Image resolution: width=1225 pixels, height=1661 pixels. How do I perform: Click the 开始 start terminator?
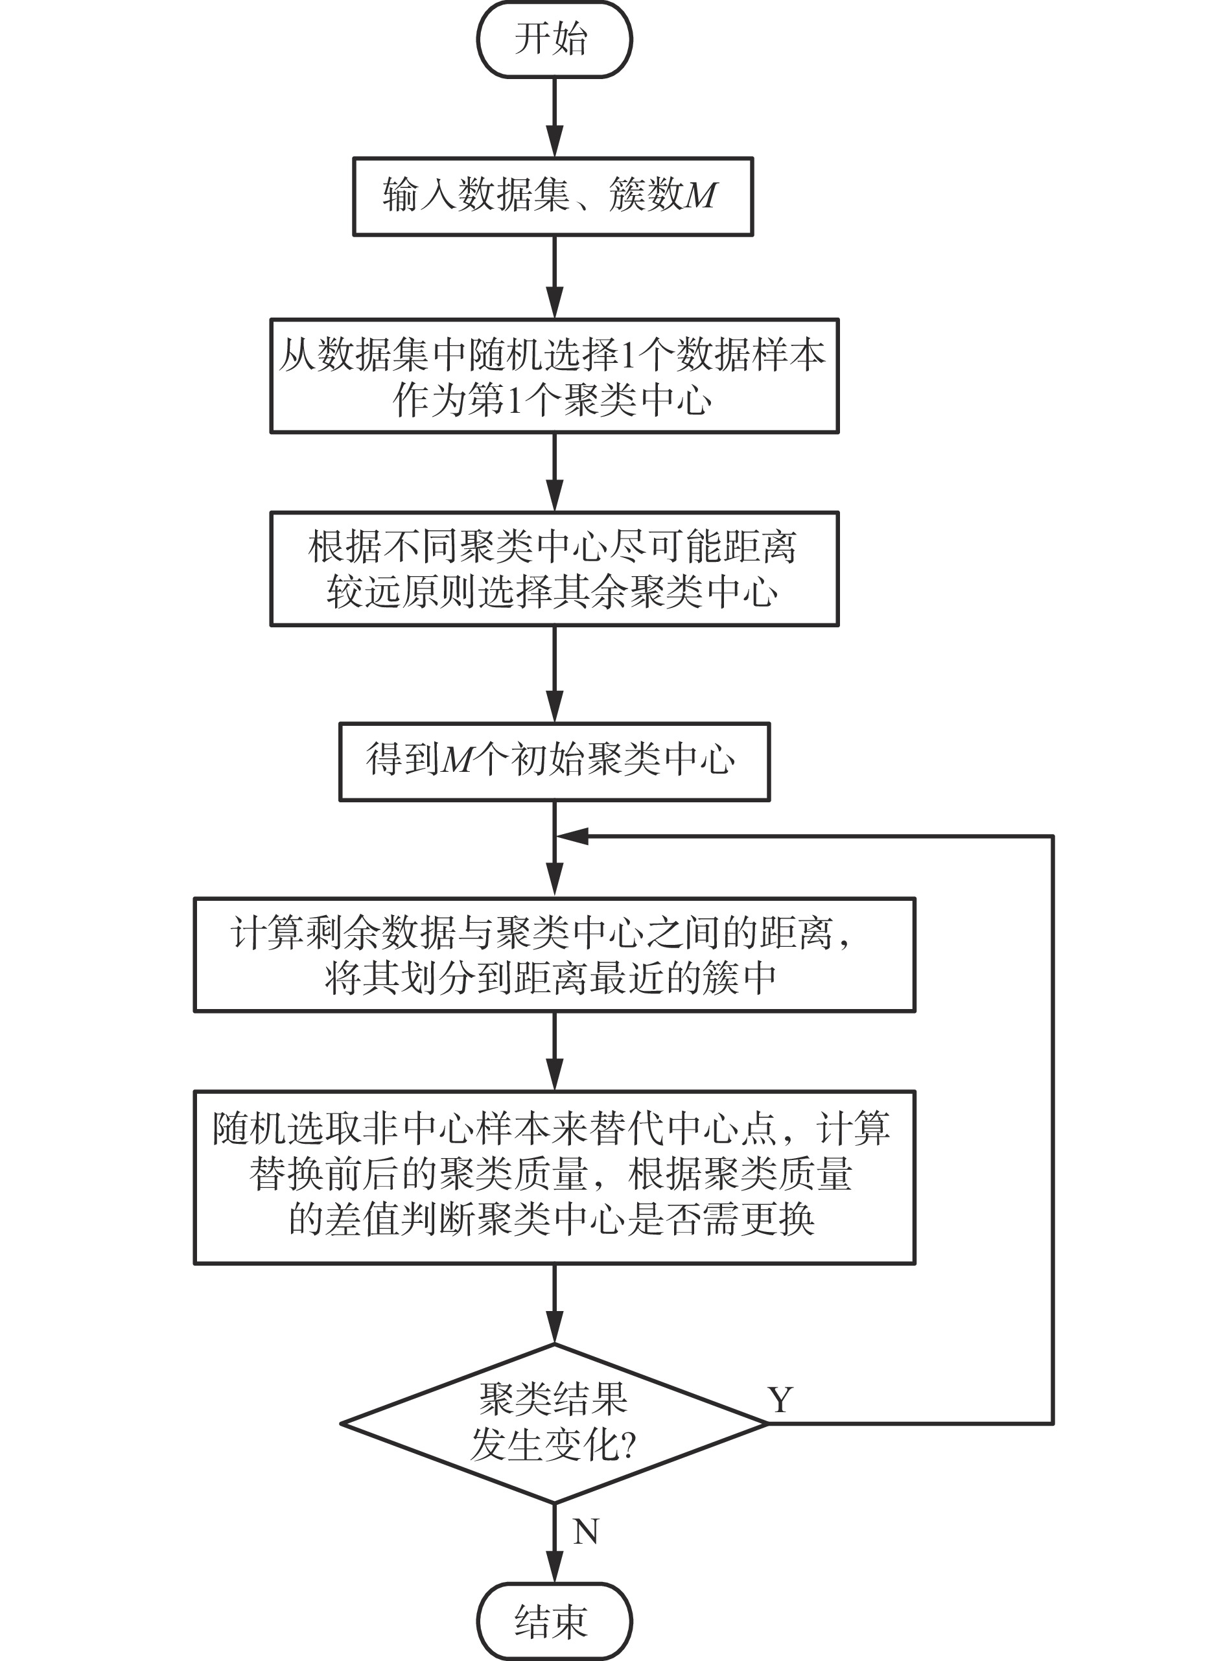click(554, 40)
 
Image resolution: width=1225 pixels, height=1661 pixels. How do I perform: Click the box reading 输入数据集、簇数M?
click(552, 196)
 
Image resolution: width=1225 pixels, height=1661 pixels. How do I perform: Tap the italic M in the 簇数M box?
click(700, 196)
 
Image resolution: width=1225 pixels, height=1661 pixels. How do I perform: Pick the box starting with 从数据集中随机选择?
click(554, 376)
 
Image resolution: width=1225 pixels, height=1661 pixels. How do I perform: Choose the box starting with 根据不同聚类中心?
click(554, 569)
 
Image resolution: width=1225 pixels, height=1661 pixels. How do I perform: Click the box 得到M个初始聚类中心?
click(554, 761)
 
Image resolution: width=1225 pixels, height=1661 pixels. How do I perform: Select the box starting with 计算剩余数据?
click(554, 955)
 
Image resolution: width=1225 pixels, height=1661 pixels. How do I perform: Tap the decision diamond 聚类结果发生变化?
click(554, 1424)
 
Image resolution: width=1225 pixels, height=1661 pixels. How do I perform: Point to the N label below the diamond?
click(586, 1531)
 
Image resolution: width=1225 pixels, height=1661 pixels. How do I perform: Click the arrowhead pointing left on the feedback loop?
click(572, 837)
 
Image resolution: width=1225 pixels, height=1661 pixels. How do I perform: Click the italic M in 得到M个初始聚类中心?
click(458, 760)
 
